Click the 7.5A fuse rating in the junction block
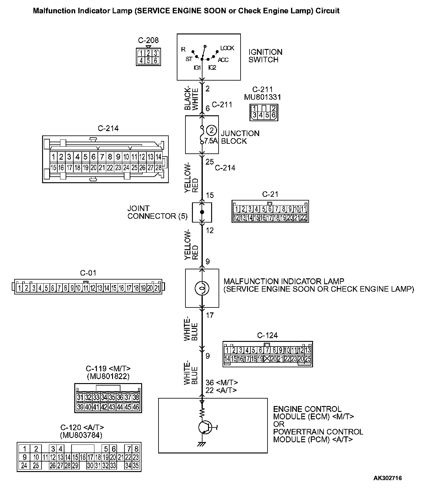point(211,141)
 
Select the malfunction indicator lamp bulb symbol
point(202,288)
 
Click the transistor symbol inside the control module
point(205,427)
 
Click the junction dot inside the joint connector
point(202,212)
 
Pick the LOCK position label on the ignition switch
point(227,48)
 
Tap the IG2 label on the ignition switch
point(212,67)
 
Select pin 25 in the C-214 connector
point(134,168)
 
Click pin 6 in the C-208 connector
point(155,60)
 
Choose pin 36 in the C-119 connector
point(120,397)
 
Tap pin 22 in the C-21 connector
point(304,218)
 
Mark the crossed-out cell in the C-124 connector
point(267,359)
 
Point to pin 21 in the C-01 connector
point(157,288)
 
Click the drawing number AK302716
point(387,487)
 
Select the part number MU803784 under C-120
point(81,435)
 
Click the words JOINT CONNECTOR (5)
point(157,212)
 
